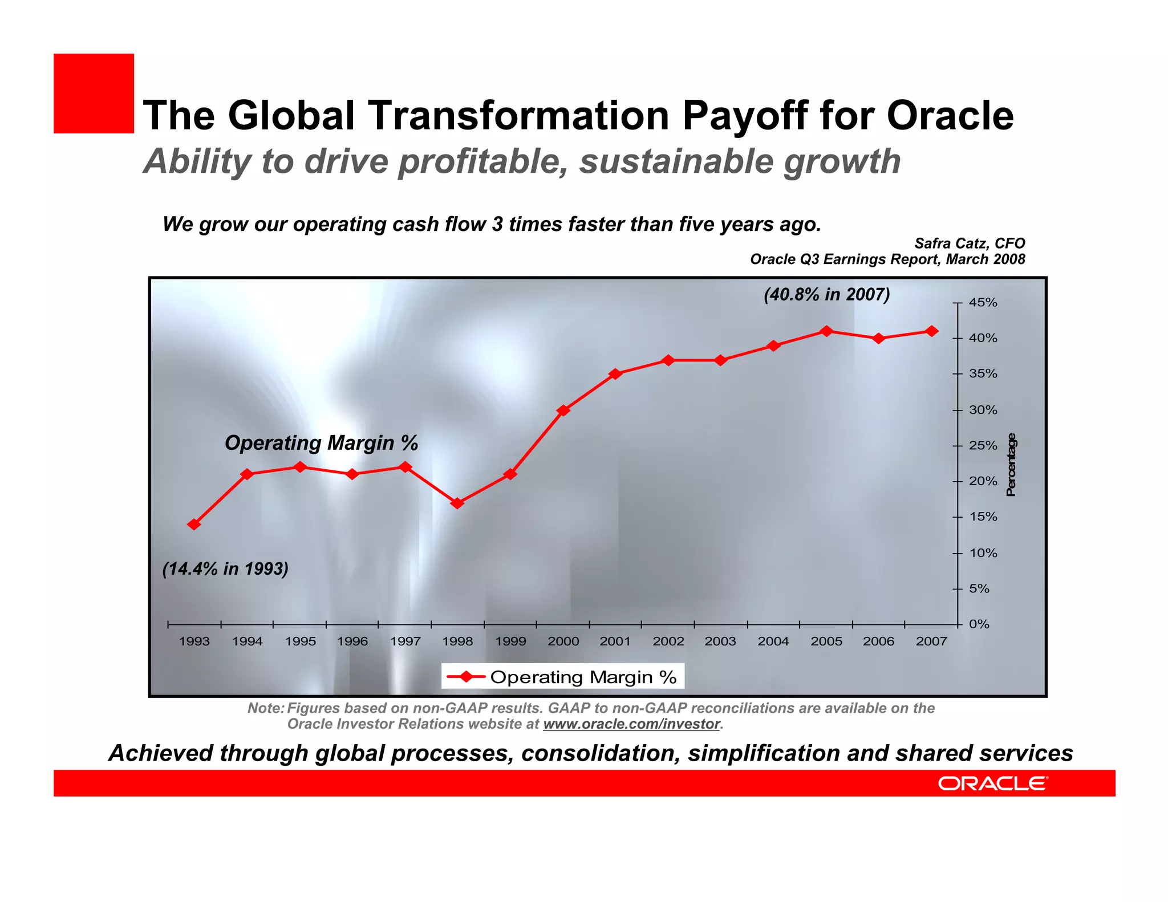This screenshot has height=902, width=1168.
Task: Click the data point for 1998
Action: coord(457,503)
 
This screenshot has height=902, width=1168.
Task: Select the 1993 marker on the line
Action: coord(194,525)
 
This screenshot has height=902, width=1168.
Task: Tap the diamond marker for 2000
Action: coord(563,411)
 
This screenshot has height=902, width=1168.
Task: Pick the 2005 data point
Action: coord(826,331)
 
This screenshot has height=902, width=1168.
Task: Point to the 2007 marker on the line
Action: coord(932,331)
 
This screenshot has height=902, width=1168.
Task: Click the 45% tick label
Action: coord(983,303)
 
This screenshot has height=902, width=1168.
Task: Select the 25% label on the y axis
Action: coord(983,446)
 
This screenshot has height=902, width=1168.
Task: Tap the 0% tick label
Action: coord(979,624)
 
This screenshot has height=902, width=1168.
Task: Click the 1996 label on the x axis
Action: coord(352,641)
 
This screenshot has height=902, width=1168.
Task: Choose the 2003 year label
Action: coord(720,641)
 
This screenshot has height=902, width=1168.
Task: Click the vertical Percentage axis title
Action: coord(1011,465)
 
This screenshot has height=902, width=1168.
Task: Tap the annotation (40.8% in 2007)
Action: coord(827,295)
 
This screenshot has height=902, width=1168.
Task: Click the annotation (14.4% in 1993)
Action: coord(225,569)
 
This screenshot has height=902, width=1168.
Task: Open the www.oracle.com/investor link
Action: coord(631,724)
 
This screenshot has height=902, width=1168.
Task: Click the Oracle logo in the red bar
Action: coord(992,783)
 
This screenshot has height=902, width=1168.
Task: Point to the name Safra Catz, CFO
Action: coord(970,243)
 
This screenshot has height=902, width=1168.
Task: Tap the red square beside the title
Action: coord(94,94)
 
